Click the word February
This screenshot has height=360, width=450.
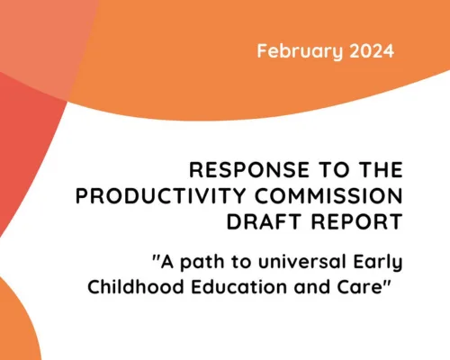pos(292,50)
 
